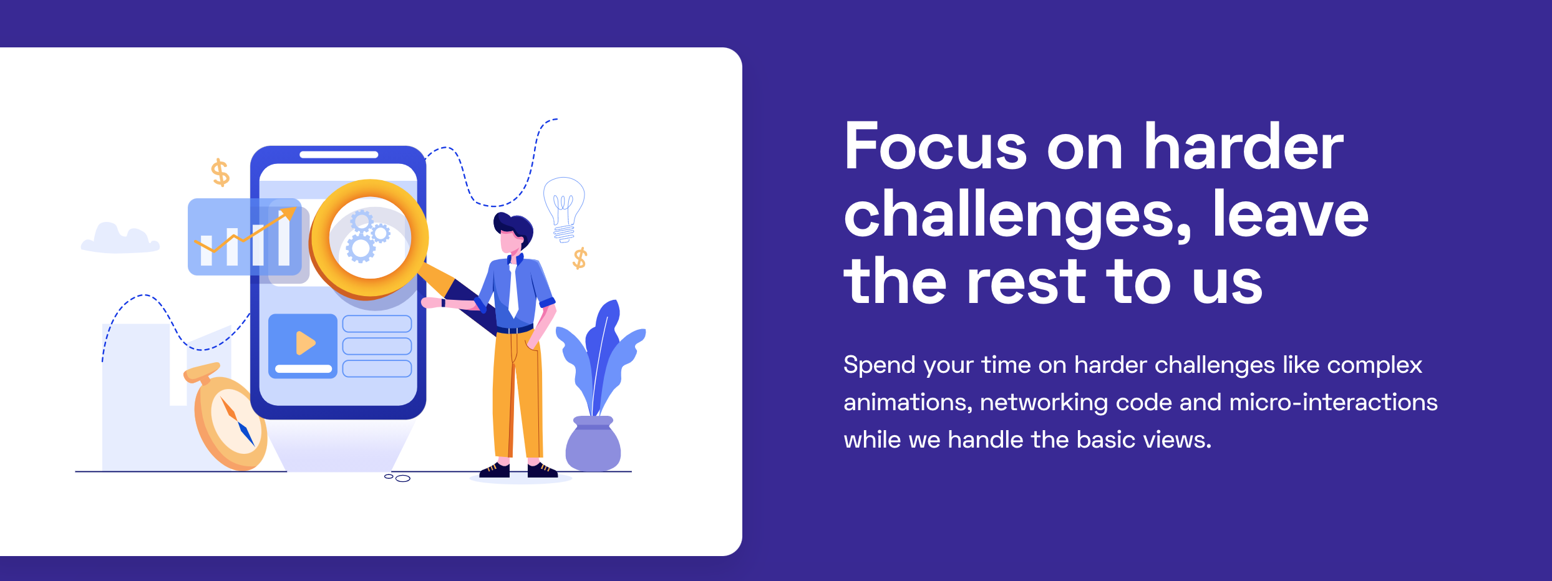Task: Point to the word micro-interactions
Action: (x=1333, y=402)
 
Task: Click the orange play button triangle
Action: (x=305, y=343)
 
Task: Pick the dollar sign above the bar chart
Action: (x=220, y=172)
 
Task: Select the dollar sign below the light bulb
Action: (x=580, y=257)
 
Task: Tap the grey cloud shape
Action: (x=120, y=239)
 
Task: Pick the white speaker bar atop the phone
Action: (x=339, y=155)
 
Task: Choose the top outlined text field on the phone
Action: (x=377, y=324)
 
